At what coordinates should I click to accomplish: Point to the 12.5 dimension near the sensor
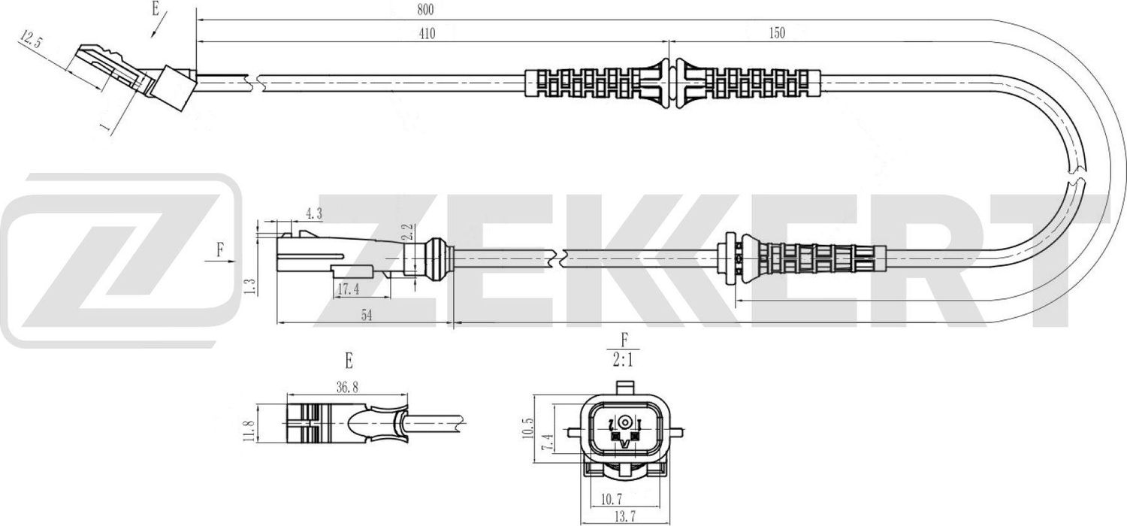coord(31,40)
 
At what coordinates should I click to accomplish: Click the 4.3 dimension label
coord(314,213)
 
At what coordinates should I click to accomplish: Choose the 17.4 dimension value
coord(346,289)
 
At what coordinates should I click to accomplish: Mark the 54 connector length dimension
coord(366,316)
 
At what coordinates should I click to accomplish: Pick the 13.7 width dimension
coord(626,517)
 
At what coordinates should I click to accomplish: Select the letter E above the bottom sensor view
coord(349,361)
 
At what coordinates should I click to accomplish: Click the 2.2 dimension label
coord(408,231)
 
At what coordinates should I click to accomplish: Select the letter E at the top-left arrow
coord(156,10)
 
